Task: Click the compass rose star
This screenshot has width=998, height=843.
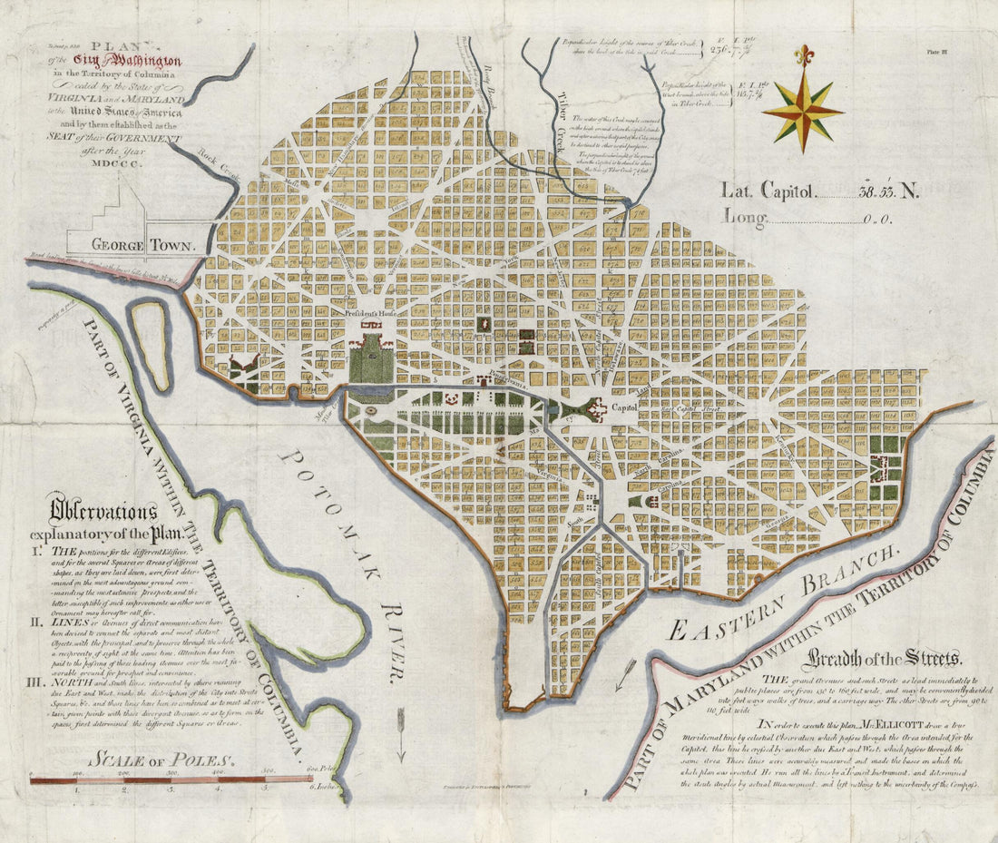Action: (x=802, y=111)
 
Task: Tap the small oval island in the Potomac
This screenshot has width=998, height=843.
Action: (x=150, y=345)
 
